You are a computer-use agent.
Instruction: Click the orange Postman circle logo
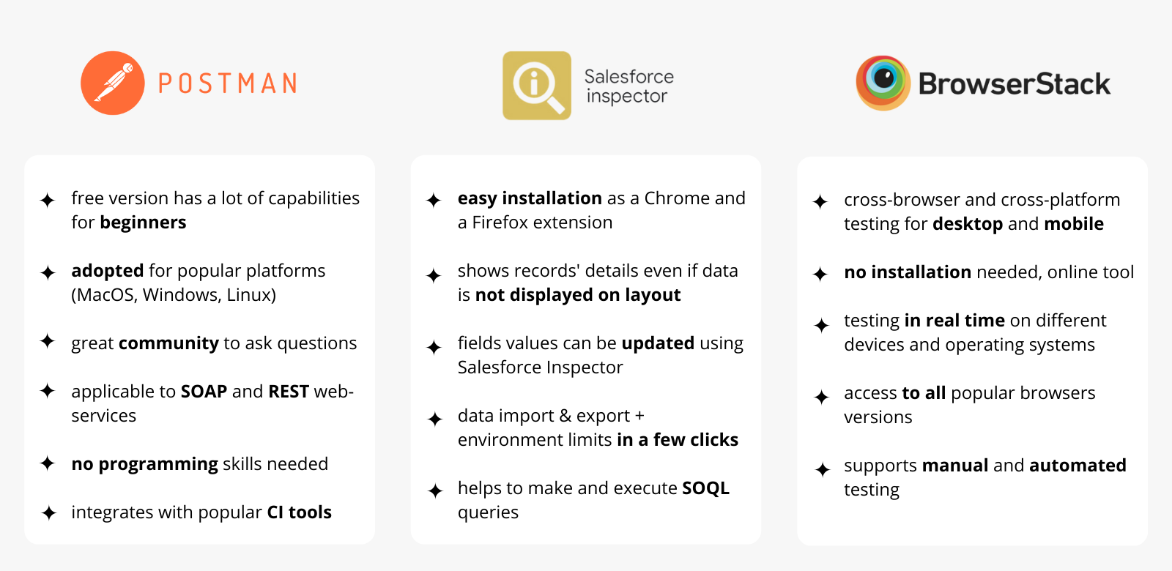click(113, 83)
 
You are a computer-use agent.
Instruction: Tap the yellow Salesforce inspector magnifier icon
click(537, 85)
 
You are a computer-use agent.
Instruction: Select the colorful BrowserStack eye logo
click(883, 83)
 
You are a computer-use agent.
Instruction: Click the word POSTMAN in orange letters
click(228, 83)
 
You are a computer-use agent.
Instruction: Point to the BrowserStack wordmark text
click(1014, 83)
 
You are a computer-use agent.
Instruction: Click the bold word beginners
click(143, 223)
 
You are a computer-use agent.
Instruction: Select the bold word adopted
click(107, 271)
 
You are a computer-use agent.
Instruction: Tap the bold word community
click(168, 343)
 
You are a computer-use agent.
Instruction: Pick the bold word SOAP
click(204, 392)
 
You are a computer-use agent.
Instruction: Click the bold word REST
click(289, 392)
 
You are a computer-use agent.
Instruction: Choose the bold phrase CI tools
click(300, 512)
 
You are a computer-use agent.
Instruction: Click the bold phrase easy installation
click(530, 198)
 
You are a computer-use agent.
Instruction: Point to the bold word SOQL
click(706, 488)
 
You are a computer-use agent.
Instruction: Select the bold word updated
click(658, 343)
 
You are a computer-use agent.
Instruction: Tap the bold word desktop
click(968, 224)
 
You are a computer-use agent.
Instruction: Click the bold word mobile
click(1074, 224)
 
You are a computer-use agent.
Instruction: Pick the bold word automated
click(1078, 466)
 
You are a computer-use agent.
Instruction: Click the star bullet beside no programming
click(48, 463)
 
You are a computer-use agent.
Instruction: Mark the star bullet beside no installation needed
click(820, 274)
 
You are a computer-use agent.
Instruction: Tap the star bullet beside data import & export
click(434, 419)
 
